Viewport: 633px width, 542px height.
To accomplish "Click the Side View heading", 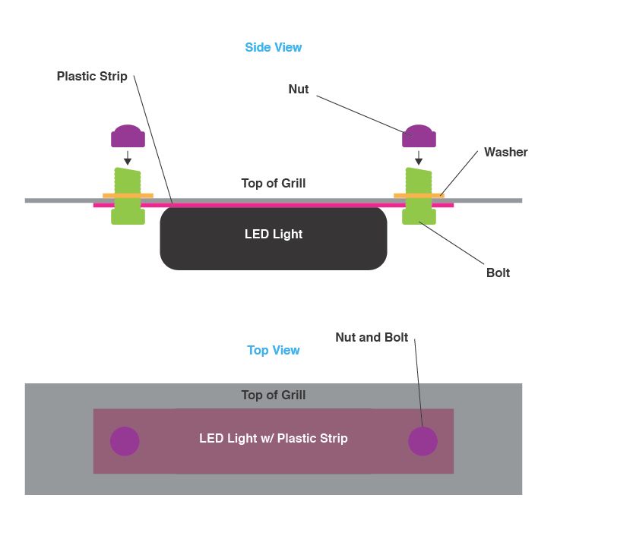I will [273, 47].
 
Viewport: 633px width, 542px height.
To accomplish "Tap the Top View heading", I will [273, 350].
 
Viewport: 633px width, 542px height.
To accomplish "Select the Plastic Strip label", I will [92, 77].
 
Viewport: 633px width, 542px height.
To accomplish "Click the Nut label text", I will [299, 89].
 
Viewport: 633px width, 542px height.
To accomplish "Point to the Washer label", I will [505, 152].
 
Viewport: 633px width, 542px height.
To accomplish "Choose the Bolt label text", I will [498, 273].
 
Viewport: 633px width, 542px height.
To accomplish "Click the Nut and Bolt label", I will [372, 337].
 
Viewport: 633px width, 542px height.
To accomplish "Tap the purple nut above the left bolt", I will [128, 136].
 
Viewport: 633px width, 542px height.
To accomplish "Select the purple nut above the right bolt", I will [419, 136].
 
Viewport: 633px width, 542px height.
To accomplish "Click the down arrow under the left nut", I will [128, 158].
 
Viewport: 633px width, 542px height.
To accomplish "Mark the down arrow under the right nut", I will [419, 158].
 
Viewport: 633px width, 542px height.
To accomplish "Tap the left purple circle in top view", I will [125, 441].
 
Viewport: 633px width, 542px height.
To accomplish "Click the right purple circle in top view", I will [423, 441].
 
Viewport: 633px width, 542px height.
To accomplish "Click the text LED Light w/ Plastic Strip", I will [273, 438].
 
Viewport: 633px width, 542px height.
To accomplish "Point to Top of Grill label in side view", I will [273, 183].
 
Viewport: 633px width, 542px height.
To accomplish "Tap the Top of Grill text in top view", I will [273, 395].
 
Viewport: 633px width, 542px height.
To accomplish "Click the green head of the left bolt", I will [128, 216].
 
